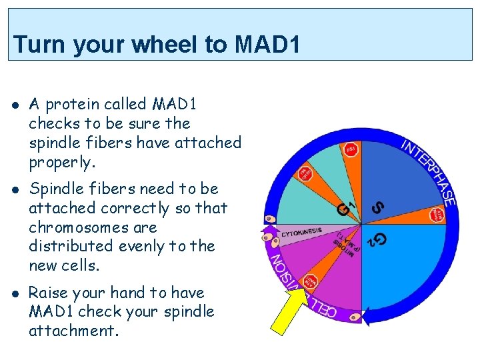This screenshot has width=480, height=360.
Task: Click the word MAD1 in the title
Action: pos(267,45)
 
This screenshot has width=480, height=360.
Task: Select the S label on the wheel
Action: pos(377,208)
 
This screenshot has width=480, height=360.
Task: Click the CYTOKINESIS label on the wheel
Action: pos(301,233)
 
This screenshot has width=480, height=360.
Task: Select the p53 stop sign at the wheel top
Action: pos(350,150)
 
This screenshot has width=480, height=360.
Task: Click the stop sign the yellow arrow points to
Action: pos(311,281)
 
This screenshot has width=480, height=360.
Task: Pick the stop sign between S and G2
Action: pos(437,215)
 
